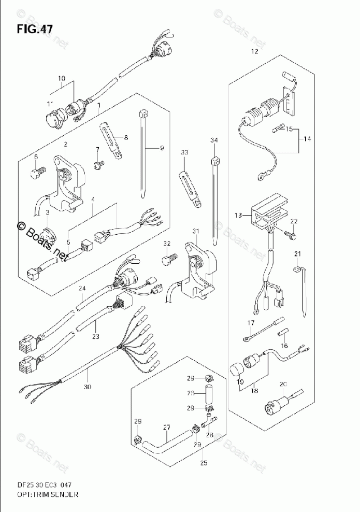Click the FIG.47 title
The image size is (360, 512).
pyautogui.click(x=34, y=29)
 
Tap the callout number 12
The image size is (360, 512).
pyautogui.click(x=254, y=51)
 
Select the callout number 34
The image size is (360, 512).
pyautogui.click(x=214, y=140)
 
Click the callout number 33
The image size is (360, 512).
pyautogui.click(x=184, y=152)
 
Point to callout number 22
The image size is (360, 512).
pyautogui.click(x=294, y=221)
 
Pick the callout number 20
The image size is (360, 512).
pyautogui.click(x=282, y=384)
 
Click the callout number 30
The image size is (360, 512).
pyautogui.click(x=88, y=386)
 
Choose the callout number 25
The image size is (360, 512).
pyautogui.click(x=203, y=463)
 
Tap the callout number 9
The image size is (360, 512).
pyautogui.click(x=162, y=149)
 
